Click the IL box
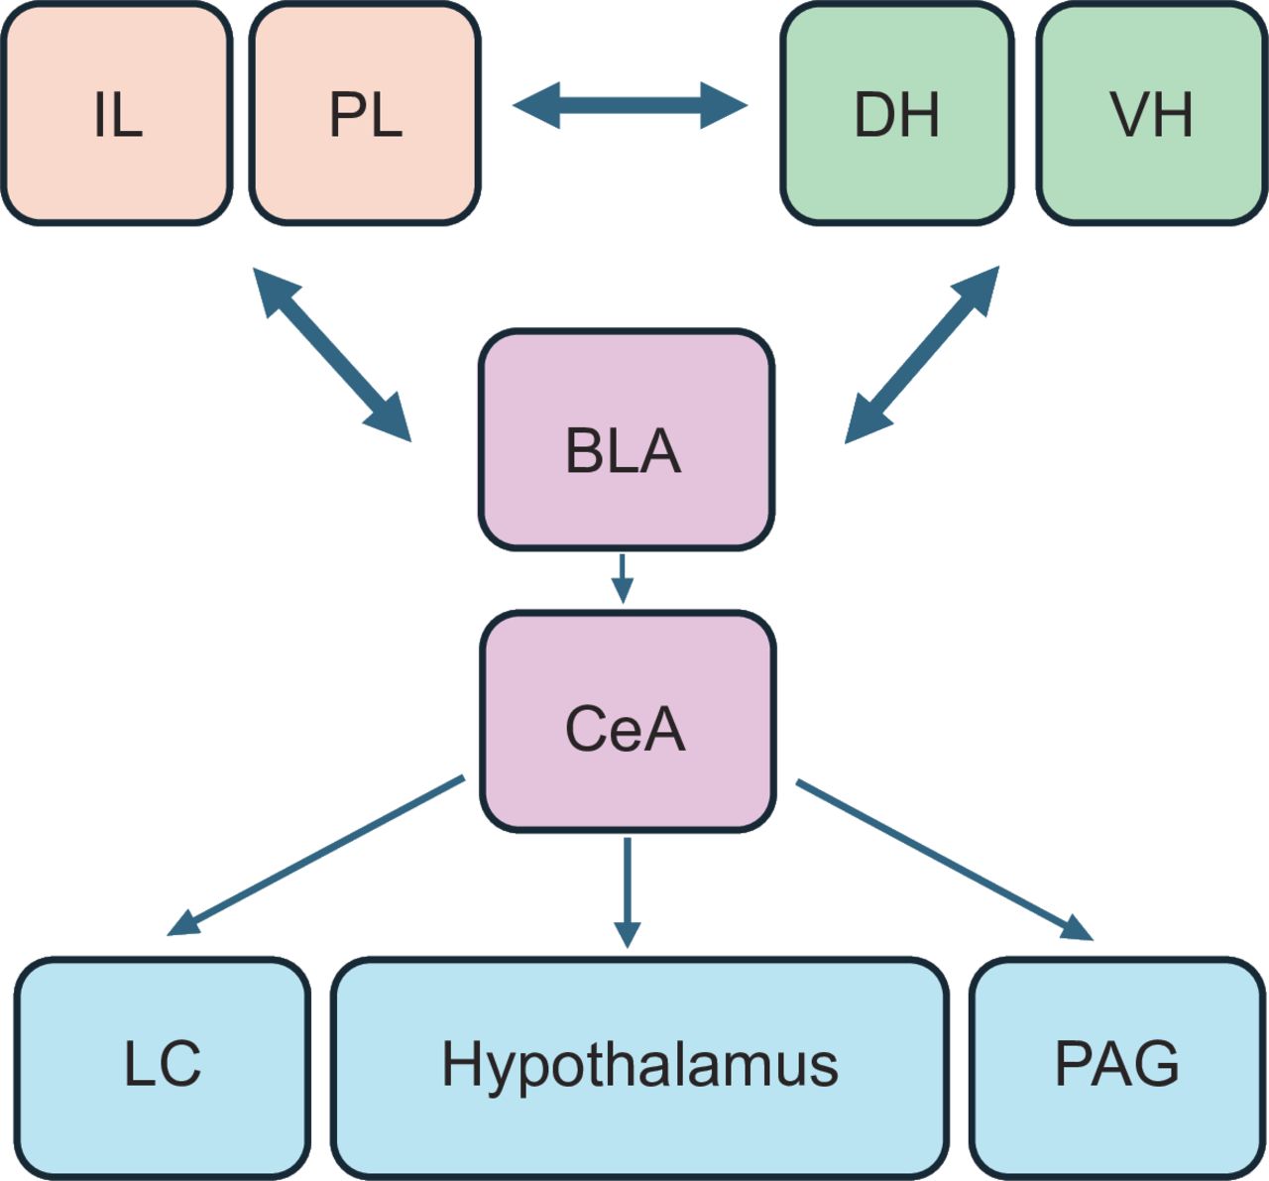coord(117,114)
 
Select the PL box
coord(365,114)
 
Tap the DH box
coord(896,114)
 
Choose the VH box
coord(1152,114)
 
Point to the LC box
coord(163,1066)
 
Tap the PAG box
coord(1117,1066)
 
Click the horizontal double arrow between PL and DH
coord(631,105)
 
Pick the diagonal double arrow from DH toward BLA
coord(922,354)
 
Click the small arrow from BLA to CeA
coord(622,577)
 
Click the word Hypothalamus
coord(639,1066)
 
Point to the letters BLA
coord(623,452)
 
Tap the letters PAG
coord(1117,1064)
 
